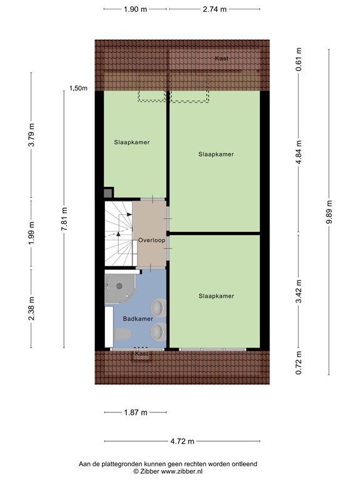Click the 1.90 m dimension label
135,9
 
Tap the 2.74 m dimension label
214,9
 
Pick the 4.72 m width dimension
182,441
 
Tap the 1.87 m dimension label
135,412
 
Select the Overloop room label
152,239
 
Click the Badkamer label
137,318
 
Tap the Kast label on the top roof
221,58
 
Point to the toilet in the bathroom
121,336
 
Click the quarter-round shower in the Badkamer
118,288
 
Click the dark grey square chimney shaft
108,193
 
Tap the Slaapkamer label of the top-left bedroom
131,142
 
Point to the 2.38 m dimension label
31,309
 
